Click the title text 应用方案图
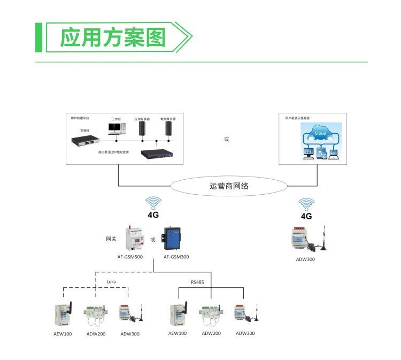tap(113, 38)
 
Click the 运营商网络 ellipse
tap(229, 187)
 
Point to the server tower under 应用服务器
tap(142, 128)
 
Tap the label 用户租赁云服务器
tap(298, 118)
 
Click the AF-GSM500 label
tap(130, 257)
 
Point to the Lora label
tap(111, 281)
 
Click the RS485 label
tap(197, 281)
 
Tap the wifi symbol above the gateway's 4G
tap(153, 203)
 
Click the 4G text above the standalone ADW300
tap(306, 217)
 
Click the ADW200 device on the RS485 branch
tap(211, 316)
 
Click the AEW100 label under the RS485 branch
tap(178, 333)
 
